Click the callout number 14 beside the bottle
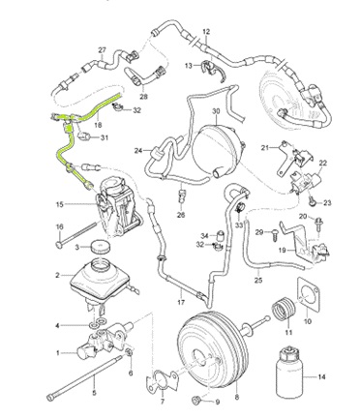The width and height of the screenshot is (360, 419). (x=321, y=376)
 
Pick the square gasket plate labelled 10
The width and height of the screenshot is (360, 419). (x=308, y=294)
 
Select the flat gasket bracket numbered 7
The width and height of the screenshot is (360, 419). (x=162, y=381)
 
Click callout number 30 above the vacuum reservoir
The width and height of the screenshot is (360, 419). (x=216, y=111)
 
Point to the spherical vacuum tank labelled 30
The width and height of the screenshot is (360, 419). (x=216, y=151)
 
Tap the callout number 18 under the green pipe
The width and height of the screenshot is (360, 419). (x=99, y=125)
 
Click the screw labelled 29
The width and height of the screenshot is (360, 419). (x=275, y=233)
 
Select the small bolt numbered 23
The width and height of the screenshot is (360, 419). (x=312, y=201)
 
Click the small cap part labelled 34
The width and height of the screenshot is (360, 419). (x=221, y=235)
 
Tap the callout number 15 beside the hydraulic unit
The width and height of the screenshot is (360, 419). (x=60, y=204)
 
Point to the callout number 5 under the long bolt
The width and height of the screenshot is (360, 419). (x=94, y=393)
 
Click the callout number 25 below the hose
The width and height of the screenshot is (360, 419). (x=258, y=280)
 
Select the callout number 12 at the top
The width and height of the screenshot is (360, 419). (x=206, y=32)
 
